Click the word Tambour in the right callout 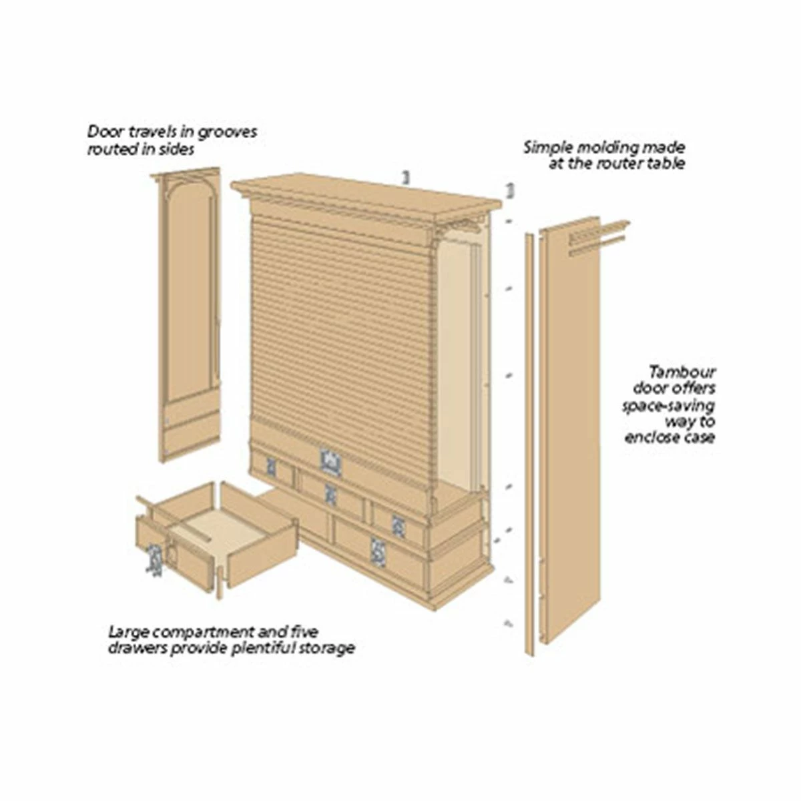point(682,371)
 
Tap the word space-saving point(668,405)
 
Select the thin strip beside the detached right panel point(529,444)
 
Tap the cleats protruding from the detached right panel point(597,238)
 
